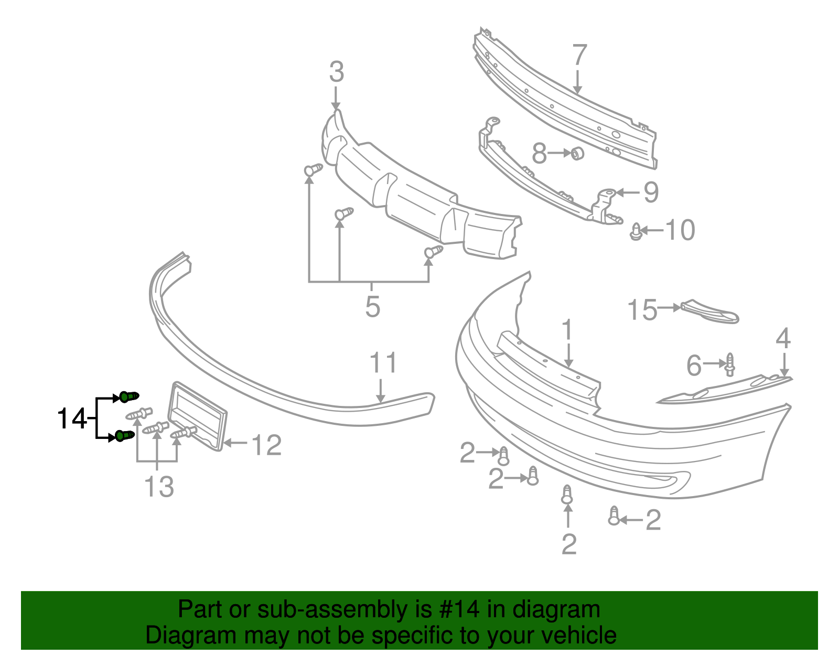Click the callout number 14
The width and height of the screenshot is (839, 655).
coord(71,419)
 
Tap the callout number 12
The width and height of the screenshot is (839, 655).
coord(266,445)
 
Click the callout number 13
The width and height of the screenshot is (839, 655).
coord(159,487)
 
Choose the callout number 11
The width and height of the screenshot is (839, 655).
coord(383,363)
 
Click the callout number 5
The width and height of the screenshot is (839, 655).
coord(372,307)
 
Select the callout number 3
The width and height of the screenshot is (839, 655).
coord(336,72)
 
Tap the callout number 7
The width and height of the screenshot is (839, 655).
coord(579,55)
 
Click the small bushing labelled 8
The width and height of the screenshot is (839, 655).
coord(577,153)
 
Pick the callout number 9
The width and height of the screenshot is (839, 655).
coord(650,192)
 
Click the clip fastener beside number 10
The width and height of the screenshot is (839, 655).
coord(636,232)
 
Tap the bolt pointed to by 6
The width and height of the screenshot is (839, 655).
coord(730,364)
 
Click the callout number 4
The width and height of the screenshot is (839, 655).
coord(783,339)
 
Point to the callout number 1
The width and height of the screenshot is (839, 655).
coord(567,331)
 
